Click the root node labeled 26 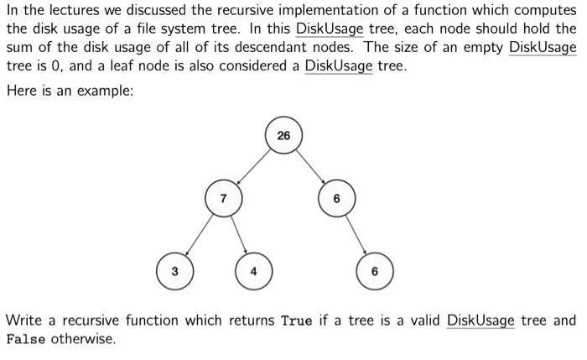click(x=283, y=135)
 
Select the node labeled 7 click(x=222, y=199)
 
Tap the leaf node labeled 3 click(x=174, y=271)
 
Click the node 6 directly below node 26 click(x=335, y=199)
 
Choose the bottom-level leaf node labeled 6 click(x=374, y=271)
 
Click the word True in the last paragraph click(x=297, y=321)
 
